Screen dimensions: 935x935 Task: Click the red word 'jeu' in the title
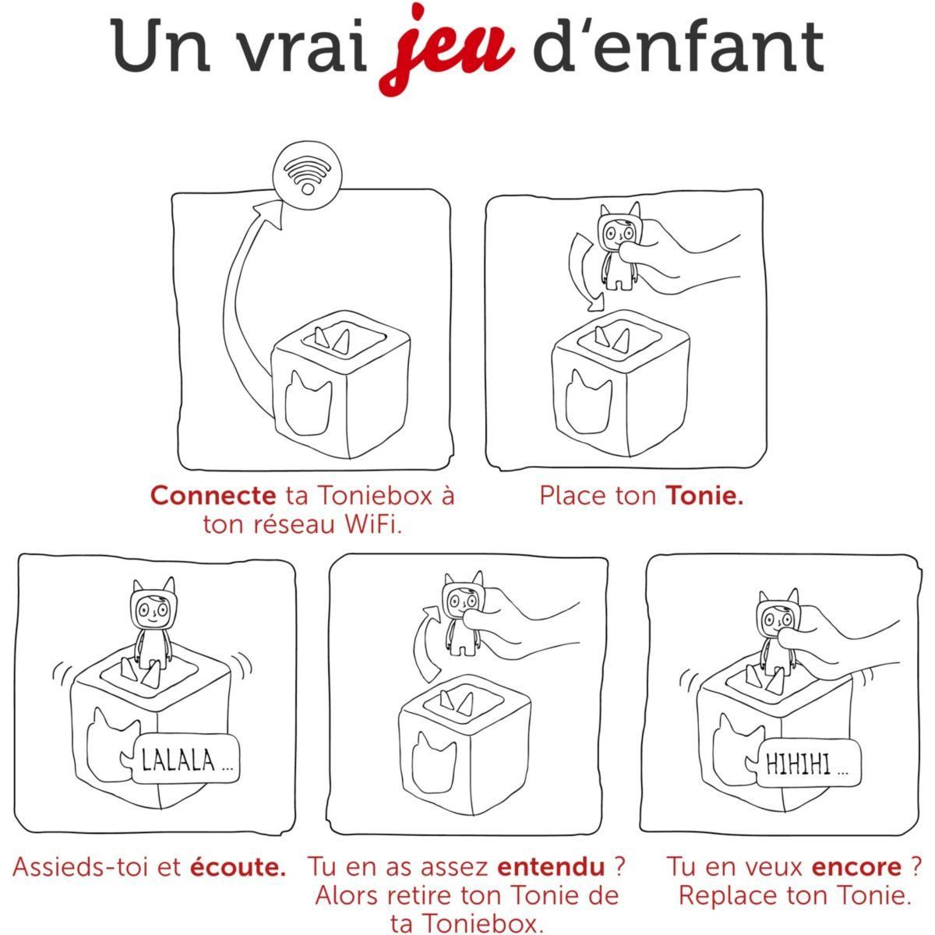pos(446,48)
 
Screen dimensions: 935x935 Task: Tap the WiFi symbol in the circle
pos(307,175)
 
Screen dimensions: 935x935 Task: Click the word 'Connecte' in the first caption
pos(213,496)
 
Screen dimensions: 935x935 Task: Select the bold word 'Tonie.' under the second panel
pos(704,496)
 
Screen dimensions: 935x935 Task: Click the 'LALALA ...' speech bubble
pos(185,760)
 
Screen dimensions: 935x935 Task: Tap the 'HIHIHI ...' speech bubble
pos(808,763)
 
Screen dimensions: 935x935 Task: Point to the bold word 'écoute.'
pos(238,866)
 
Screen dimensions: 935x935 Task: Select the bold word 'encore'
pos(849,866)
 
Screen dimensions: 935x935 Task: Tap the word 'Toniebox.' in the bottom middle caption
pos(467,923)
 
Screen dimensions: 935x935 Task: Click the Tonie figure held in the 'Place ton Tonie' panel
pos(618,246)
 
